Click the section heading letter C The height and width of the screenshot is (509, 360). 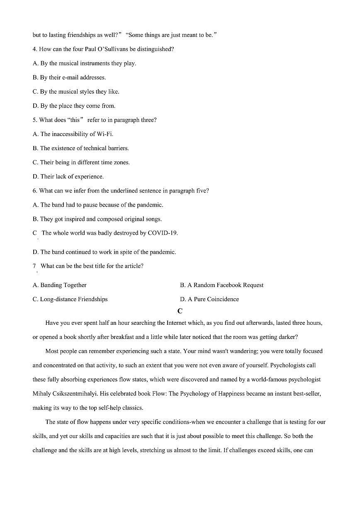(180, 311)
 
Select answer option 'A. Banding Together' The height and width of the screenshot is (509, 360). (60, 285)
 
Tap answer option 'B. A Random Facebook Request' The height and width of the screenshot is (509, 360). (221, 285)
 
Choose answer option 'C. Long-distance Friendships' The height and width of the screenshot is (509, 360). (70, 299)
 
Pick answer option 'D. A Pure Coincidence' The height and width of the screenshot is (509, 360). (209, 299)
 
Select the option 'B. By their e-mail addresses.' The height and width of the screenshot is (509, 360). (69, 78)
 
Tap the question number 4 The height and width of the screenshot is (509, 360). (34, 49)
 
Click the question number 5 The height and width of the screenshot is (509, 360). (34, 120)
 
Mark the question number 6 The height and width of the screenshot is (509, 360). (34, 191)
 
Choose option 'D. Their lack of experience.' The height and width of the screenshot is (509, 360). (68, 177)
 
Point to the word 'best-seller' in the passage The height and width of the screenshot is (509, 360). (306, 394)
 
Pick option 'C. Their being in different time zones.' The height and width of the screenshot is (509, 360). (81, 163)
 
